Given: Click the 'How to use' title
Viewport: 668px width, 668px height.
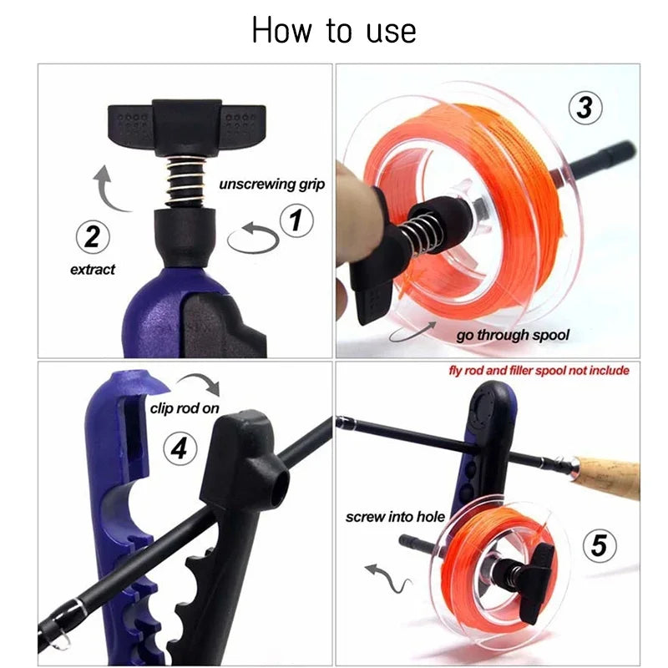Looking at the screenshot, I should [333, 31].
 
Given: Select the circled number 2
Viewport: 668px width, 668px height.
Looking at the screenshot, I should [92, 237].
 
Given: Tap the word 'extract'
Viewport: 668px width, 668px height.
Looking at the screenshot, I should [92, 270].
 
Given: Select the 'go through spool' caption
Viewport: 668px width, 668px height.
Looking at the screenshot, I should [513, 335].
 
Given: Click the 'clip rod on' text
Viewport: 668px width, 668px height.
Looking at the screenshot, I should [185, 408].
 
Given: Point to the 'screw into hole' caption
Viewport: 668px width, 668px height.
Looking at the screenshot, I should [394, 517].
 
